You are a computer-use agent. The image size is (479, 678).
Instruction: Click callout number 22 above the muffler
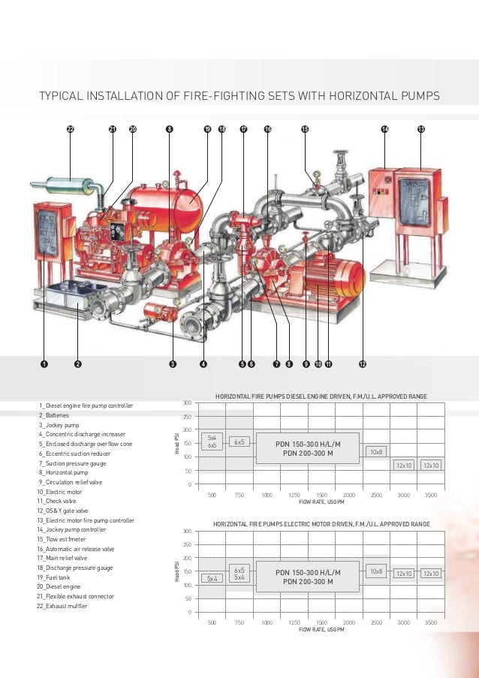click(71, 129)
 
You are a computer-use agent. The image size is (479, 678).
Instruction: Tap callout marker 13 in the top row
click(420, 129)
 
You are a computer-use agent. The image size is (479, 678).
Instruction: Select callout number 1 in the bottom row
click(44, 364)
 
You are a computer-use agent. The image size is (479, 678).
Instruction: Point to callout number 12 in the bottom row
click(362, 364)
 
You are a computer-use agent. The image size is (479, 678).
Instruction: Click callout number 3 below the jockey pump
click(172, 364)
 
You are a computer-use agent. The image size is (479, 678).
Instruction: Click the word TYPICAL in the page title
click(65, 95)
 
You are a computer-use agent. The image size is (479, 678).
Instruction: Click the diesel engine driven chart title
click(322, 394)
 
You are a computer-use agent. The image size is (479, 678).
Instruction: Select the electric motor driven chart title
click(321, 523)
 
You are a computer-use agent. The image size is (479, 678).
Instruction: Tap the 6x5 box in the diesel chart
click(239, 442)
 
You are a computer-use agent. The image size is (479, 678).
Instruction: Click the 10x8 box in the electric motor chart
click(376, 571)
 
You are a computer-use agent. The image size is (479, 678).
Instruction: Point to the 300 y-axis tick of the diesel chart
click(187, 403)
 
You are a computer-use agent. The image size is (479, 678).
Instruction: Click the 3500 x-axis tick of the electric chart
click(431, 622)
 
